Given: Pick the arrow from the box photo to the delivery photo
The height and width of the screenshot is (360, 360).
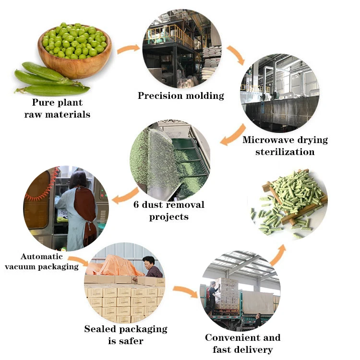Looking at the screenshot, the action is click(185, 291).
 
